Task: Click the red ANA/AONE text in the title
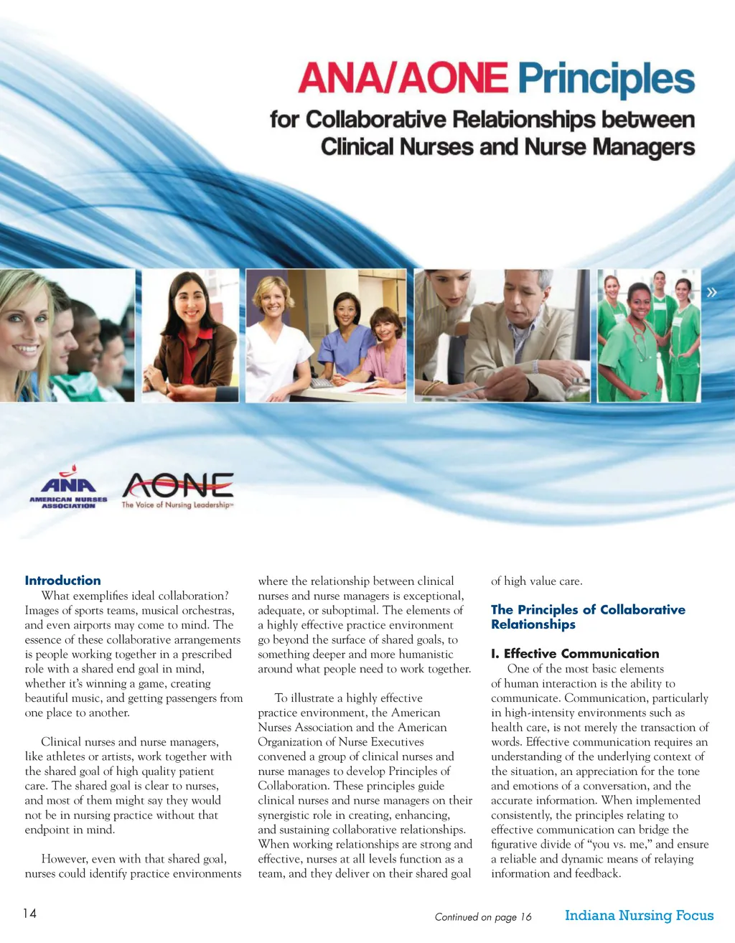pos(403,80)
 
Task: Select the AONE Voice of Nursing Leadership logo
pos(177,490)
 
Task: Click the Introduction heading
pos(62,581)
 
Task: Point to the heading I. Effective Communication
pos(574,654)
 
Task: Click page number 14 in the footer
pos(29,914)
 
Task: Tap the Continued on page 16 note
pos(483,916)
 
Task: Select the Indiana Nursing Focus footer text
pos(639,915)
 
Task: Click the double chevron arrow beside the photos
pos(712,292)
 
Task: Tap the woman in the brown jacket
pos(190,337)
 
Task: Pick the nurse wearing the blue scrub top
pos(345,337)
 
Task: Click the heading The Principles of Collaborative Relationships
pos(587,616)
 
